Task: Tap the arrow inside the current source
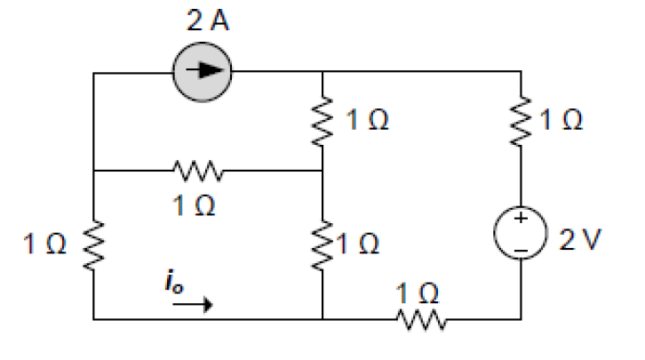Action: coord(207,70)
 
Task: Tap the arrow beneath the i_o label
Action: coord(192,304)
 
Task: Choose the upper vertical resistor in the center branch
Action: coord(322,120)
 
